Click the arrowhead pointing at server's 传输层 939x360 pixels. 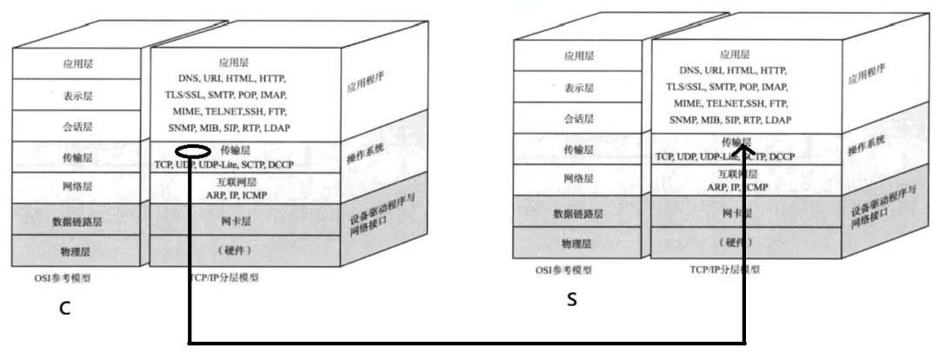(x=744, y=150)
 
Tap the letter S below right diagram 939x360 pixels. (x=571, y=300)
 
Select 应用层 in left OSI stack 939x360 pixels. (x=77, y=63)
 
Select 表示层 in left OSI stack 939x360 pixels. (x=77, y=94)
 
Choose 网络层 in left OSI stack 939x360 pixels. (x=77, y=186)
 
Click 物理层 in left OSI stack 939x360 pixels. (x=77, y=250)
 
